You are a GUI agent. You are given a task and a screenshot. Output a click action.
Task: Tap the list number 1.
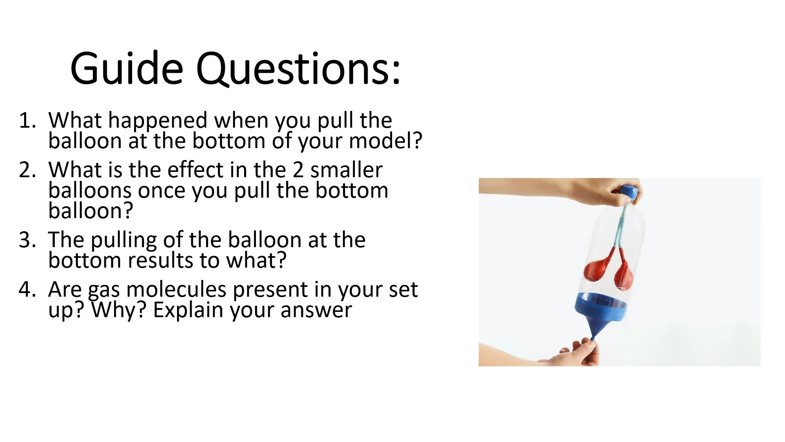[x=27, y=120]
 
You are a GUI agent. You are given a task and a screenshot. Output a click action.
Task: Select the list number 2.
[x=27, y=170]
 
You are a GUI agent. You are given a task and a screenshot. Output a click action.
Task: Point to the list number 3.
[x=27, y=240]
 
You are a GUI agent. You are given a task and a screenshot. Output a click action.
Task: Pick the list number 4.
[x=27, y=289]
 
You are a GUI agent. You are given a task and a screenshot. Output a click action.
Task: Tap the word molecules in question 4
[x=176, y=289]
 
